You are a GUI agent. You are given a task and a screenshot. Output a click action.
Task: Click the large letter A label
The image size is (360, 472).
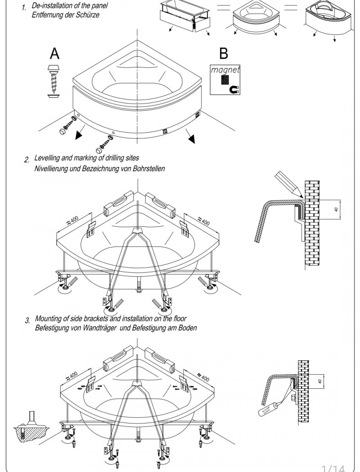[x=54, y=54]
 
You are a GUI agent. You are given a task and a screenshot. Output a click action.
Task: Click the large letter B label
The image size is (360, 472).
[x=223, y=54]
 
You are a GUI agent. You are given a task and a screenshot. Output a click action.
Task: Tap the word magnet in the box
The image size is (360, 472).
[x=225, y=70]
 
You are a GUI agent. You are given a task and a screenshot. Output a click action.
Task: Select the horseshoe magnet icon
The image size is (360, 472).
[x=234, y=90]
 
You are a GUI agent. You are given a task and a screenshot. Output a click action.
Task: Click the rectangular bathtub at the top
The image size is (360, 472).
[x=184, y=17]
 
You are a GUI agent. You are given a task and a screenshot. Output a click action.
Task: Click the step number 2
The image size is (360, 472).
[x=27, y=160]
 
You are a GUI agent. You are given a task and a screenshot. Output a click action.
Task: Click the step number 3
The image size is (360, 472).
[x=27, y=321]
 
